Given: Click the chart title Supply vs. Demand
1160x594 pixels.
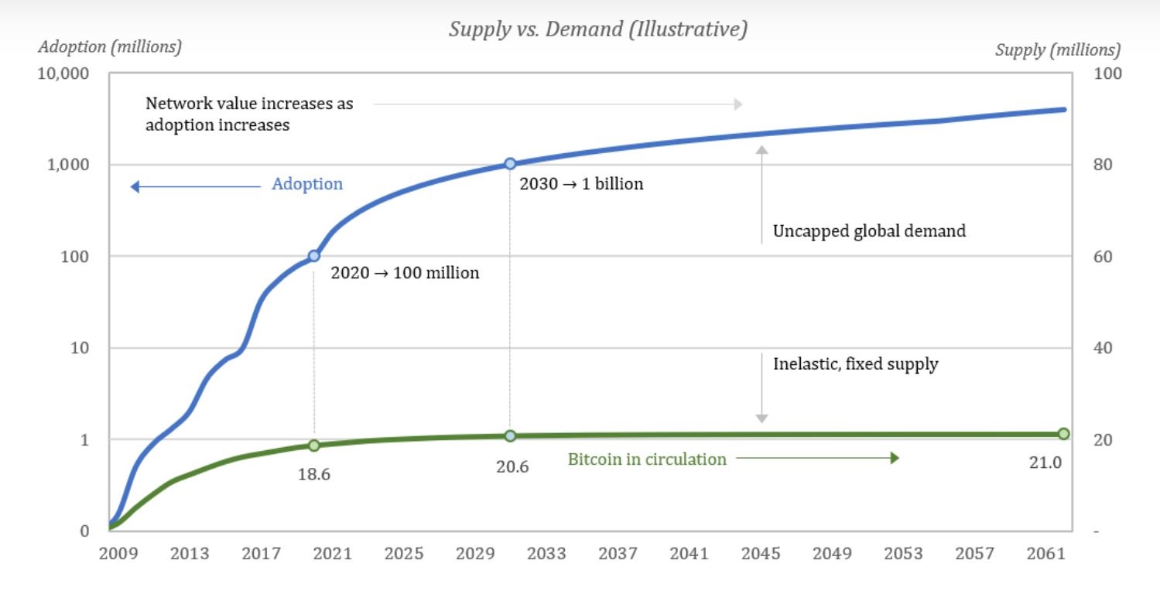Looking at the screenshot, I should point(598,29).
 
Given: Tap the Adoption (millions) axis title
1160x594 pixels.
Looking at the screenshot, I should point(110,47).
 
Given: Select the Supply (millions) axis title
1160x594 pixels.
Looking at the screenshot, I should point(1057,50).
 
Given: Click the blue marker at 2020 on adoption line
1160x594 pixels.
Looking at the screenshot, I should point(314,256).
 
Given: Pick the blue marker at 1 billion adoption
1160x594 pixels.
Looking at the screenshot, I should point(510,164).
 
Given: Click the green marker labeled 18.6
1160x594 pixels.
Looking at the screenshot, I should point(314,445).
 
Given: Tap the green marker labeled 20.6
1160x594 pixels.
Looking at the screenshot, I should point(510,436).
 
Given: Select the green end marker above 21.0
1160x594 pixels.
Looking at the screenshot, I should point(1063,434).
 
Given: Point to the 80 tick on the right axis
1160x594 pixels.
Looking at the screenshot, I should point(1103,166).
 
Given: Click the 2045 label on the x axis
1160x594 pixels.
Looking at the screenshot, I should point(761,554).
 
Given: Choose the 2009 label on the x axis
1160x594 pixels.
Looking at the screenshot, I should point(119,554).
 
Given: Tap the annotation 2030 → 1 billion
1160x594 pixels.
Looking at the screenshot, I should point(581,185).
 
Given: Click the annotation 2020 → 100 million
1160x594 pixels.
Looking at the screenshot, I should point(405,273).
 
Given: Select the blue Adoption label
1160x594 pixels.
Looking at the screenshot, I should point(307,184).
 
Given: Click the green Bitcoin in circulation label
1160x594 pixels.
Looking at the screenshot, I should point(647,459).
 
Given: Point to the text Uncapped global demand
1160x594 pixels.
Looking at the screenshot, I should point(869,230).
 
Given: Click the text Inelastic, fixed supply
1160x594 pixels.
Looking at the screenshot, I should point(855,364).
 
